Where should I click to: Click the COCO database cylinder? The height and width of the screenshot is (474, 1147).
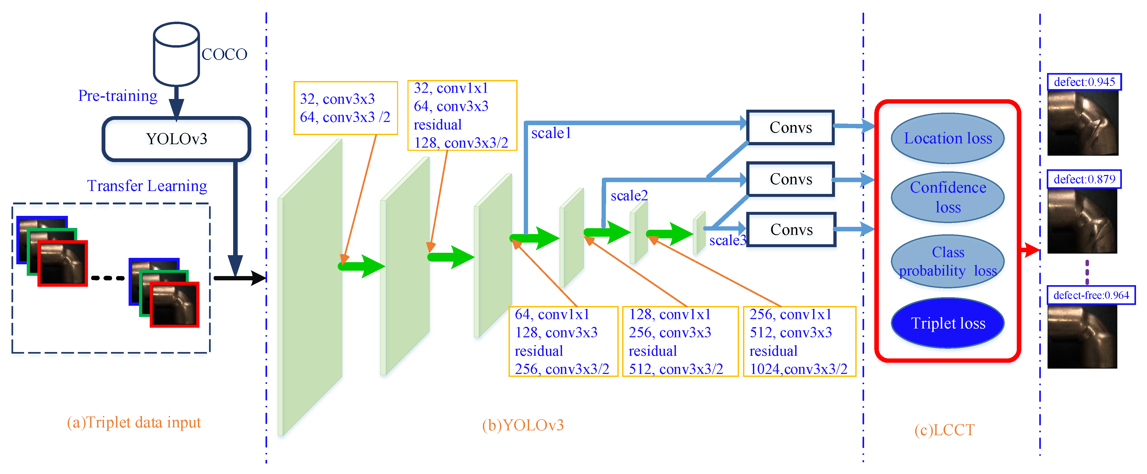click(x=176, y=54)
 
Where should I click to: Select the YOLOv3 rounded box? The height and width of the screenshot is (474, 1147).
click(x=176, y=139)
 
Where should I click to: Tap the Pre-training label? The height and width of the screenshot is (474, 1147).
click(x=118, y=96)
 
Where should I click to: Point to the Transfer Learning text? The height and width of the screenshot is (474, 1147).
click(x=147, y=186)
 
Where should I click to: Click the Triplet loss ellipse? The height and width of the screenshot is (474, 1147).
click(x=948, y=323)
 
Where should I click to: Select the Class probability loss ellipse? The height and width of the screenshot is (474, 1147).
click(x=948, y=262)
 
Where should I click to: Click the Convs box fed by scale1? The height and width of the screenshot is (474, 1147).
click(x=790, y=127)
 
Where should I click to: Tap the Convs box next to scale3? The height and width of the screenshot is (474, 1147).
click(x=791, y=230)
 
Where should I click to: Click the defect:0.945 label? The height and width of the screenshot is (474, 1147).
click(x=1084, y=82)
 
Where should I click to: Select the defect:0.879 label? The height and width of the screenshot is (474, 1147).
click(x=1084, y=179)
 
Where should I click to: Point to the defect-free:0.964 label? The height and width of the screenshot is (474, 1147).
click(x=1091, y=295)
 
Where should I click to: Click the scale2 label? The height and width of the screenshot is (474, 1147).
click(x=629, y=196)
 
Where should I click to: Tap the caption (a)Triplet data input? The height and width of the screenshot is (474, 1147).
click(x=134, y=422)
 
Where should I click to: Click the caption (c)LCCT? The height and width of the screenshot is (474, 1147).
click(x=944, y=430)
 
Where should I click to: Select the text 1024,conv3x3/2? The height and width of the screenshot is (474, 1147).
click(x=798, y=369)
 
